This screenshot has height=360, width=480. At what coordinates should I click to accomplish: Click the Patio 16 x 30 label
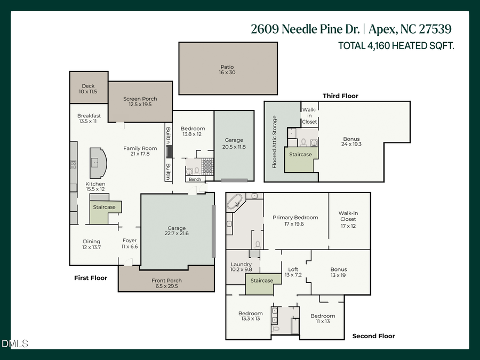(228, 70)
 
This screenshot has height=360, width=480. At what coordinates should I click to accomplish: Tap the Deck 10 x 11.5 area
(88, 89)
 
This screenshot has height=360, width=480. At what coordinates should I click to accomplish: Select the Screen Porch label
(140, 101)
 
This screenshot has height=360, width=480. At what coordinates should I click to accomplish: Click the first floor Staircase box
(104, 207)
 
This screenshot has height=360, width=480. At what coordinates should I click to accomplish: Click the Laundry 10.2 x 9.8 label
(241, 267)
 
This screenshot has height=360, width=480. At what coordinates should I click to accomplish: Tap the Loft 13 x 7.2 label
(293, 272)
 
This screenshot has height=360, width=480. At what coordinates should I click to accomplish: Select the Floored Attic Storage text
(275, 142)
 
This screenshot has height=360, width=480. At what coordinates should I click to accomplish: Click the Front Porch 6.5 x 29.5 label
(166, 283)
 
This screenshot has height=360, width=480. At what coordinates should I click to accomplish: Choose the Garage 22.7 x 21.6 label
(177, 230)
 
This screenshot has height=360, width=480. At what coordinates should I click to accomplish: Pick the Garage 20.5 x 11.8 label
(235, 143)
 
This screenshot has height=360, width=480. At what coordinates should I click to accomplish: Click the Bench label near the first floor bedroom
(195, 179)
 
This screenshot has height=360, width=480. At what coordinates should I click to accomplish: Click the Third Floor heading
(340, 96)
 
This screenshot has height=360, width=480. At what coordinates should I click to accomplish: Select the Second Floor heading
(373, 336)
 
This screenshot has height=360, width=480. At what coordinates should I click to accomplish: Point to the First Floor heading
(90, 278)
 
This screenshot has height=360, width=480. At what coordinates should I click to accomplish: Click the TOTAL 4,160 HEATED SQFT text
(396, 46)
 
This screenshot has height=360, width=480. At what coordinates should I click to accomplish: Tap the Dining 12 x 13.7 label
(91, 244)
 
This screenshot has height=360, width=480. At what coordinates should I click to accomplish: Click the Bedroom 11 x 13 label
(323, 319)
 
